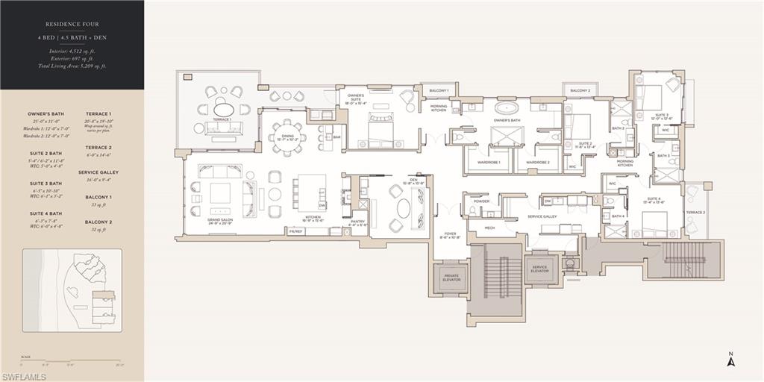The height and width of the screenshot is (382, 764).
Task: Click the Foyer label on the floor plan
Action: (449, 236)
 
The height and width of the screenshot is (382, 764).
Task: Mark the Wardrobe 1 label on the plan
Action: (489, 162)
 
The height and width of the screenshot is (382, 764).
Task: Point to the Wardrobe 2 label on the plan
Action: (537, 162)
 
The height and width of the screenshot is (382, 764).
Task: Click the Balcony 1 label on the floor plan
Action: (439, 91)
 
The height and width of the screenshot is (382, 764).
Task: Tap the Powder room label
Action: (481, 201)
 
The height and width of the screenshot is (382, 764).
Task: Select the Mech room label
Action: (489, 228)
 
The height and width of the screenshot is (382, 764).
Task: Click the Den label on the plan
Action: (413, 180)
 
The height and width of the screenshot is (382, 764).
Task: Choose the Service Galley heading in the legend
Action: (98, 172)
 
